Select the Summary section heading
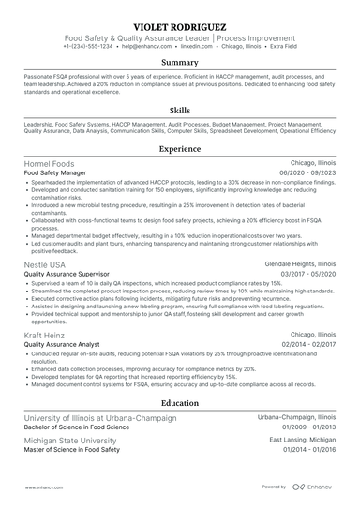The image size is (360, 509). pyautogui.click(x=180, y=63)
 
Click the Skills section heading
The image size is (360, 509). pyautogui.click(x=180, y=111)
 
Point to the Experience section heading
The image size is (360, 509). pyautogui.click(x=180, y=149)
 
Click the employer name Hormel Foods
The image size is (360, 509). pyautogui.click(x=48, y=164)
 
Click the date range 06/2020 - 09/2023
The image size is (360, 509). pyautogui.click(x=307, y=173)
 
